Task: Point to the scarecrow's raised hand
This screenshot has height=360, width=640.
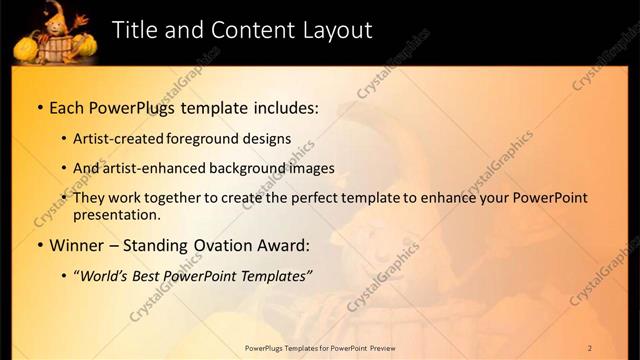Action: [x=83, y=18]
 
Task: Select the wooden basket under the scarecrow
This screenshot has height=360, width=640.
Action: [x=57, y=46]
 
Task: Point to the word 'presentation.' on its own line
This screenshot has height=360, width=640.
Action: [x=117, y=214]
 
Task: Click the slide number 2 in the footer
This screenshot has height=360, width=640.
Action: [x=590, y=347]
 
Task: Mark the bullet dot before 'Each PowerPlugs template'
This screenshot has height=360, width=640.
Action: [x=39, y=107]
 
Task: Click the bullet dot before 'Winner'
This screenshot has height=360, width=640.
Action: [x=39, y=246]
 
